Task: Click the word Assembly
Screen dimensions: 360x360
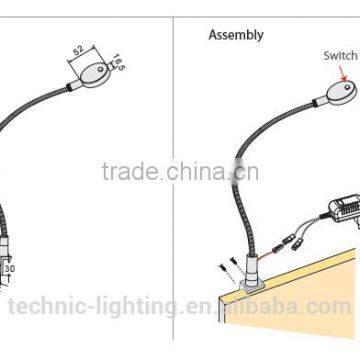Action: (236, 35)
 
